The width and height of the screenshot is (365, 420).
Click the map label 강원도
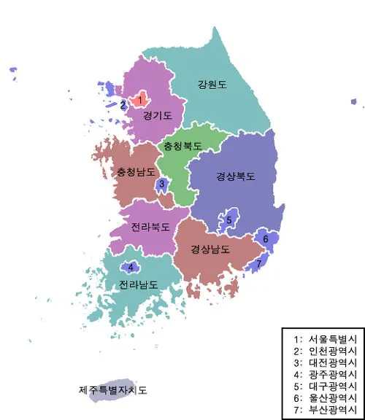pos(212,85)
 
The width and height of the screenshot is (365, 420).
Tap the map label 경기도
pos(158,115)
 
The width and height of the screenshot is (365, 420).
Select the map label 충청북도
pos(182,146)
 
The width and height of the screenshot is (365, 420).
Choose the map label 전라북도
pos(150,227)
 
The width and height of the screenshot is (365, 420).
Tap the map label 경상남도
pos(210,249)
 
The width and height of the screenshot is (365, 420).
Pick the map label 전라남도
pos(138,284)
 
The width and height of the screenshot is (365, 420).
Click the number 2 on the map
pos(123,105)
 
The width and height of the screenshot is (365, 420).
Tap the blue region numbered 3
pos(162,184)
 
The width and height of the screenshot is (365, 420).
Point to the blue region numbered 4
pos(131,268)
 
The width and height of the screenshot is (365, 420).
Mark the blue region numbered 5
pos(228,219)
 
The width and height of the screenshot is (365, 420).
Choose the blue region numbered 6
pos(266,238)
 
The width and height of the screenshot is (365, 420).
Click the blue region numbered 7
pos(258,263)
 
